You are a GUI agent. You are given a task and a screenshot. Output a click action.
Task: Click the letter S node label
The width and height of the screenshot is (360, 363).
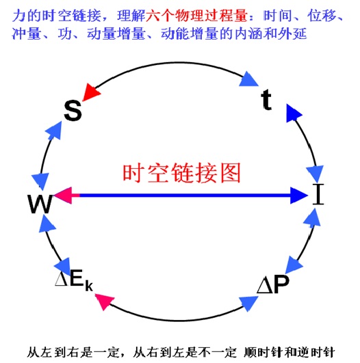(x=73, y=111)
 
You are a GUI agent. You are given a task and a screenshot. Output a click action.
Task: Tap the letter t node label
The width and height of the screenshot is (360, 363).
(x=266, y=100)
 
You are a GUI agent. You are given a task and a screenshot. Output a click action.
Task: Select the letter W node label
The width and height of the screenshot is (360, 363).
(x=40, y=204)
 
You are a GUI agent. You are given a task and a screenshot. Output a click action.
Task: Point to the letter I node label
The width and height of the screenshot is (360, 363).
(x=318, y=194)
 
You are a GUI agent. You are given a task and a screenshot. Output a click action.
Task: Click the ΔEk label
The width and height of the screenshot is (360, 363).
(x=74, y=281)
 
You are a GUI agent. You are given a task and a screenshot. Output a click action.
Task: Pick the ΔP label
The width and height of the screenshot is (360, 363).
(x=273, y=284)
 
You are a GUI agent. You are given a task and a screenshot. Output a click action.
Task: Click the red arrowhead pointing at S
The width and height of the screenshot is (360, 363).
(x=91, y=92)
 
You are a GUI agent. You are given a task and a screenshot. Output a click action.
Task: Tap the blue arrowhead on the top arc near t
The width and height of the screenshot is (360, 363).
(x=248, y=79)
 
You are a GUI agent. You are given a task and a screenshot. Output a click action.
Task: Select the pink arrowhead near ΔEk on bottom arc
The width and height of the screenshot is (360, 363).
(x=105, y=301)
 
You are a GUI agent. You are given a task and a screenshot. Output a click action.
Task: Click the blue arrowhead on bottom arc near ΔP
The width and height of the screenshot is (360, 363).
(x=248, y=303)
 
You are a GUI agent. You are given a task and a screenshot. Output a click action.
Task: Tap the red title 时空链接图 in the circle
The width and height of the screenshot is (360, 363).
(x=181, y=173)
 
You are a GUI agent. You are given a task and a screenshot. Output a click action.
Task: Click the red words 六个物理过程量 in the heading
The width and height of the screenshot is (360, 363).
(x=196, y=16)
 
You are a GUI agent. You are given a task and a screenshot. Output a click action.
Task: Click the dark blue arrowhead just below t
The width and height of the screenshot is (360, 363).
(x=294, y=113)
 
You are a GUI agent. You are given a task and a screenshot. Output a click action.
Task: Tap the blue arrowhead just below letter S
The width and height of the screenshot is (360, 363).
(x=54, y=131)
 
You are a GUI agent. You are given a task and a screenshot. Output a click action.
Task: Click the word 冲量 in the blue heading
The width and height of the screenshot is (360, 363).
(x=26, y=34)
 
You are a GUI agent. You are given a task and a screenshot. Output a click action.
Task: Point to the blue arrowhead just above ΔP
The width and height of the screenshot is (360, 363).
(x=294, y=265)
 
